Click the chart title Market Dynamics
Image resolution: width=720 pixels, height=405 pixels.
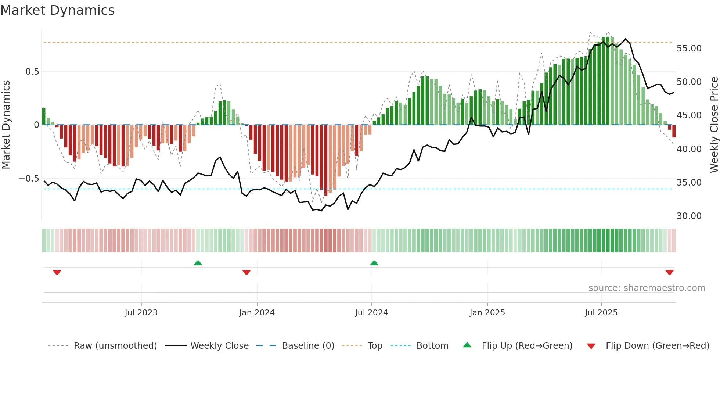point(57,10)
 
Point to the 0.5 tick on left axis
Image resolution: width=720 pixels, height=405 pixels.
point(32,72)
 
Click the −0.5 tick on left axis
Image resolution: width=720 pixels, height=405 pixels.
point(29,179)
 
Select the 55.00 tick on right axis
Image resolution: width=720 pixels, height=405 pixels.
point(689,49)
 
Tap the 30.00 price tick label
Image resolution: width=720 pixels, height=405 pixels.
point(689,216)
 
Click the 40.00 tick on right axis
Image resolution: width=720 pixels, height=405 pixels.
point(689,149)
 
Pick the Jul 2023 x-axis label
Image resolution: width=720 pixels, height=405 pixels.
point(141,313)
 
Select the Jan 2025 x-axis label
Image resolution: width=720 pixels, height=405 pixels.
point(487,313)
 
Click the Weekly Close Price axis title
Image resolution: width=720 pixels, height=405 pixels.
point(714,125)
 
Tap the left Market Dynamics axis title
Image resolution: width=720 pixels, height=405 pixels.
point(6,125)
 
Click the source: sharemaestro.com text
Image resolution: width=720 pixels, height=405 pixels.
point(647,288)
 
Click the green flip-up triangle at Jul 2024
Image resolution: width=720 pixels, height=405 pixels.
point(374,263)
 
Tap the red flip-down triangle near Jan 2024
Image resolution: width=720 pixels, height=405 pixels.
point(246,272)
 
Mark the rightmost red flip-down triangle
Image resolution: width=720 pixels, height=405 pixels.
point(669,272)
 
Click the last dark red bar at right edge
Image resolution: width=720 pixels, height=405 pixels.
point(674,131)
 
